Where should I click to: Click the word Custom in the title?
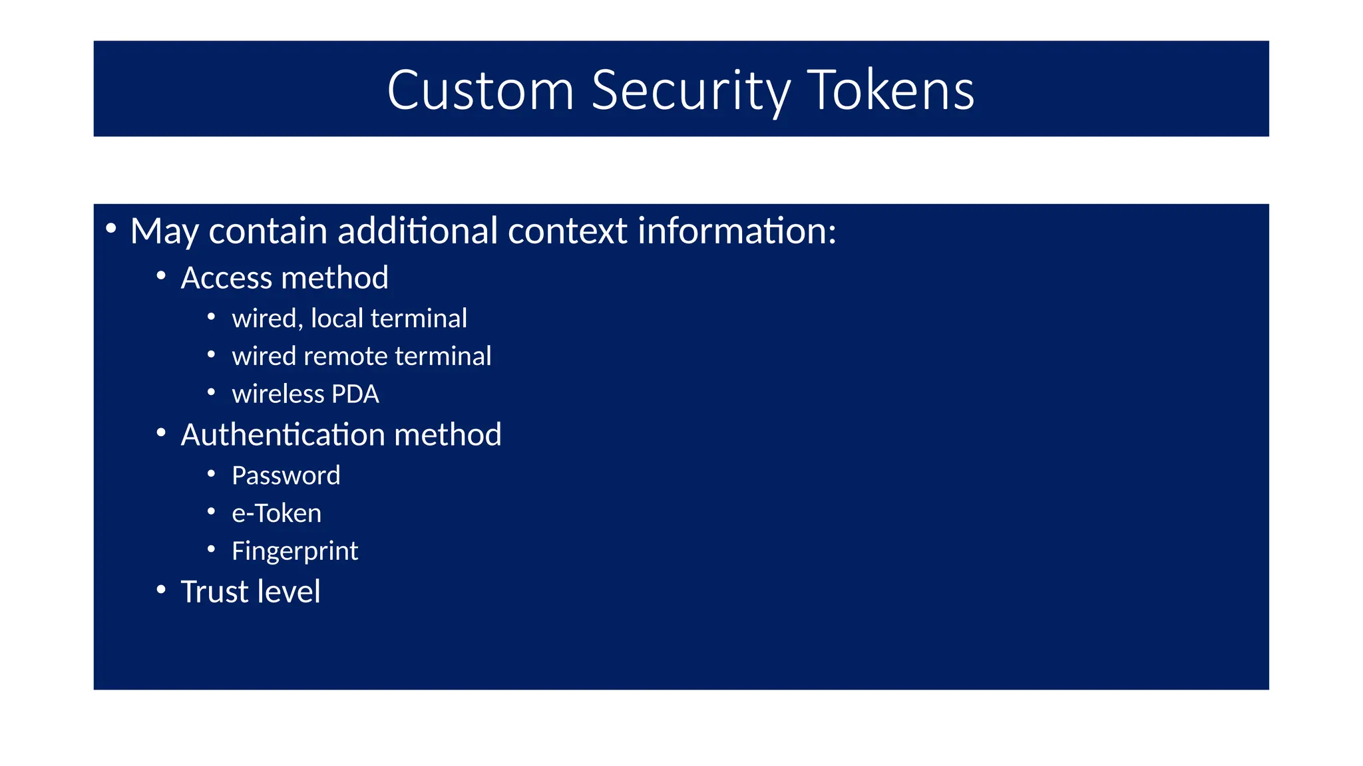click(x=481, y=90)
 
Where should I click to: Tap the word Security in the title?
click(x=691, y=90)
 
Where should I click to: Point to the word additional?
click(x=417, y=231)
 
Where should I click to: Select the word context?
click(x=567, y=231)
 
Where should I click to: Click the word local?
click(x=337, y=319)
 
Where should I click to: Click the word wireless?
click(x=278, y=394)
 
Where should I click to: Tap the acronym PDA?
click(x=355, y=394)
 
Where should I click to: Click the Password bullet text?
click(x=286, y=475)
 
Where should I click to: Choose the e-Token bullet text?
click(x=276, y=513)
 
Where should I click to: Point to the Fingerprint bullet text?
click(x=294, y=551)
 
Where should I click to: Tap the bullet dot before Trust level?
click(x=161, y=590)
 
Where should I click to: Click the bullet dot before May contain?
click(x=111, y=229)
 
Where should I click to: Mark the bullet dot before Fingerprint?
click(x=211, y=549)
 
